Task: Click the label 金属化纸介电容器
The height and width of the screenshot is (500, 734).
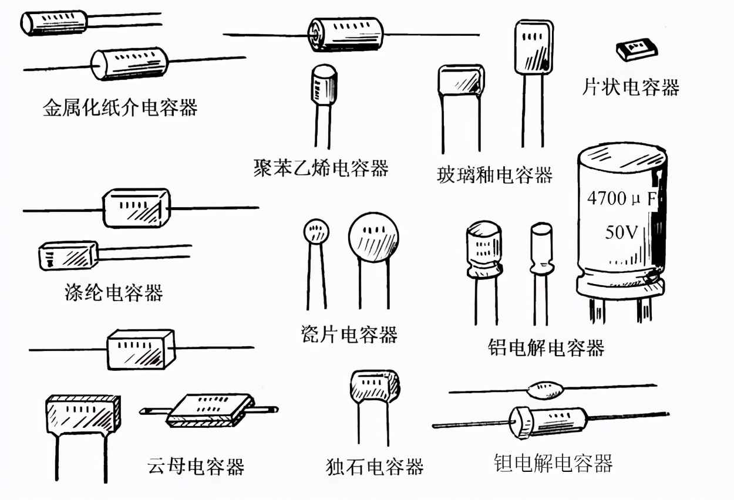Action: click(x=120, y=107)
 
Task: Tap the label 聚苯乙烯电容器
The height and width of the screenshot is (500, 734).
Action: click(x=321, y=168)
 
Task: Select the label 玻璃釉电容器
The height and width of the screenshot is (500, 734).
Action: click(x=494, y=174)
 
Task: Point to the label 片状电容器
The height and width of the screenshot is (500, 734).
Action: click(x=630, y=87)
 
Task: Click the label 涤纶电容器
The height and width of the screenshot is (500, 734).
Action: click(x=113, y=292)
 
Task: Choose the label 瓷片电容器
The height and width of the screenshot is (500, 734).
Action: click(x=348, y=335)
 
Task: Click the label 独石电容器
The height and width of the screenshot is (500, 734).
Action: click(x=374, y=467)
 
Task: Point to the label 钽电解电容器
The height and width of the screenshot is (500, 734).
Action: click(x=553, y=463)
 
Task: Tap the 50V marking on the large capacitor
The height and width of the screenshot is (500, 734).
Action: click(x=621, y=232)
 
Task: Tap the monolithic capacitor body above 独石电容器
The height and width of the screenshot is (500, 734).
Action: click(x=374, y=387)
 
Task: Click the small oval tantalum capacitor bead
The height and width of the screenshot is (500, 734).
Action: click(x=546, y=388)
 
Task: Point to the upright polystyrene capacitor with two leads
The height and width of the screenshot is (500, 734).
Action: click(x=323, y=86)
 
